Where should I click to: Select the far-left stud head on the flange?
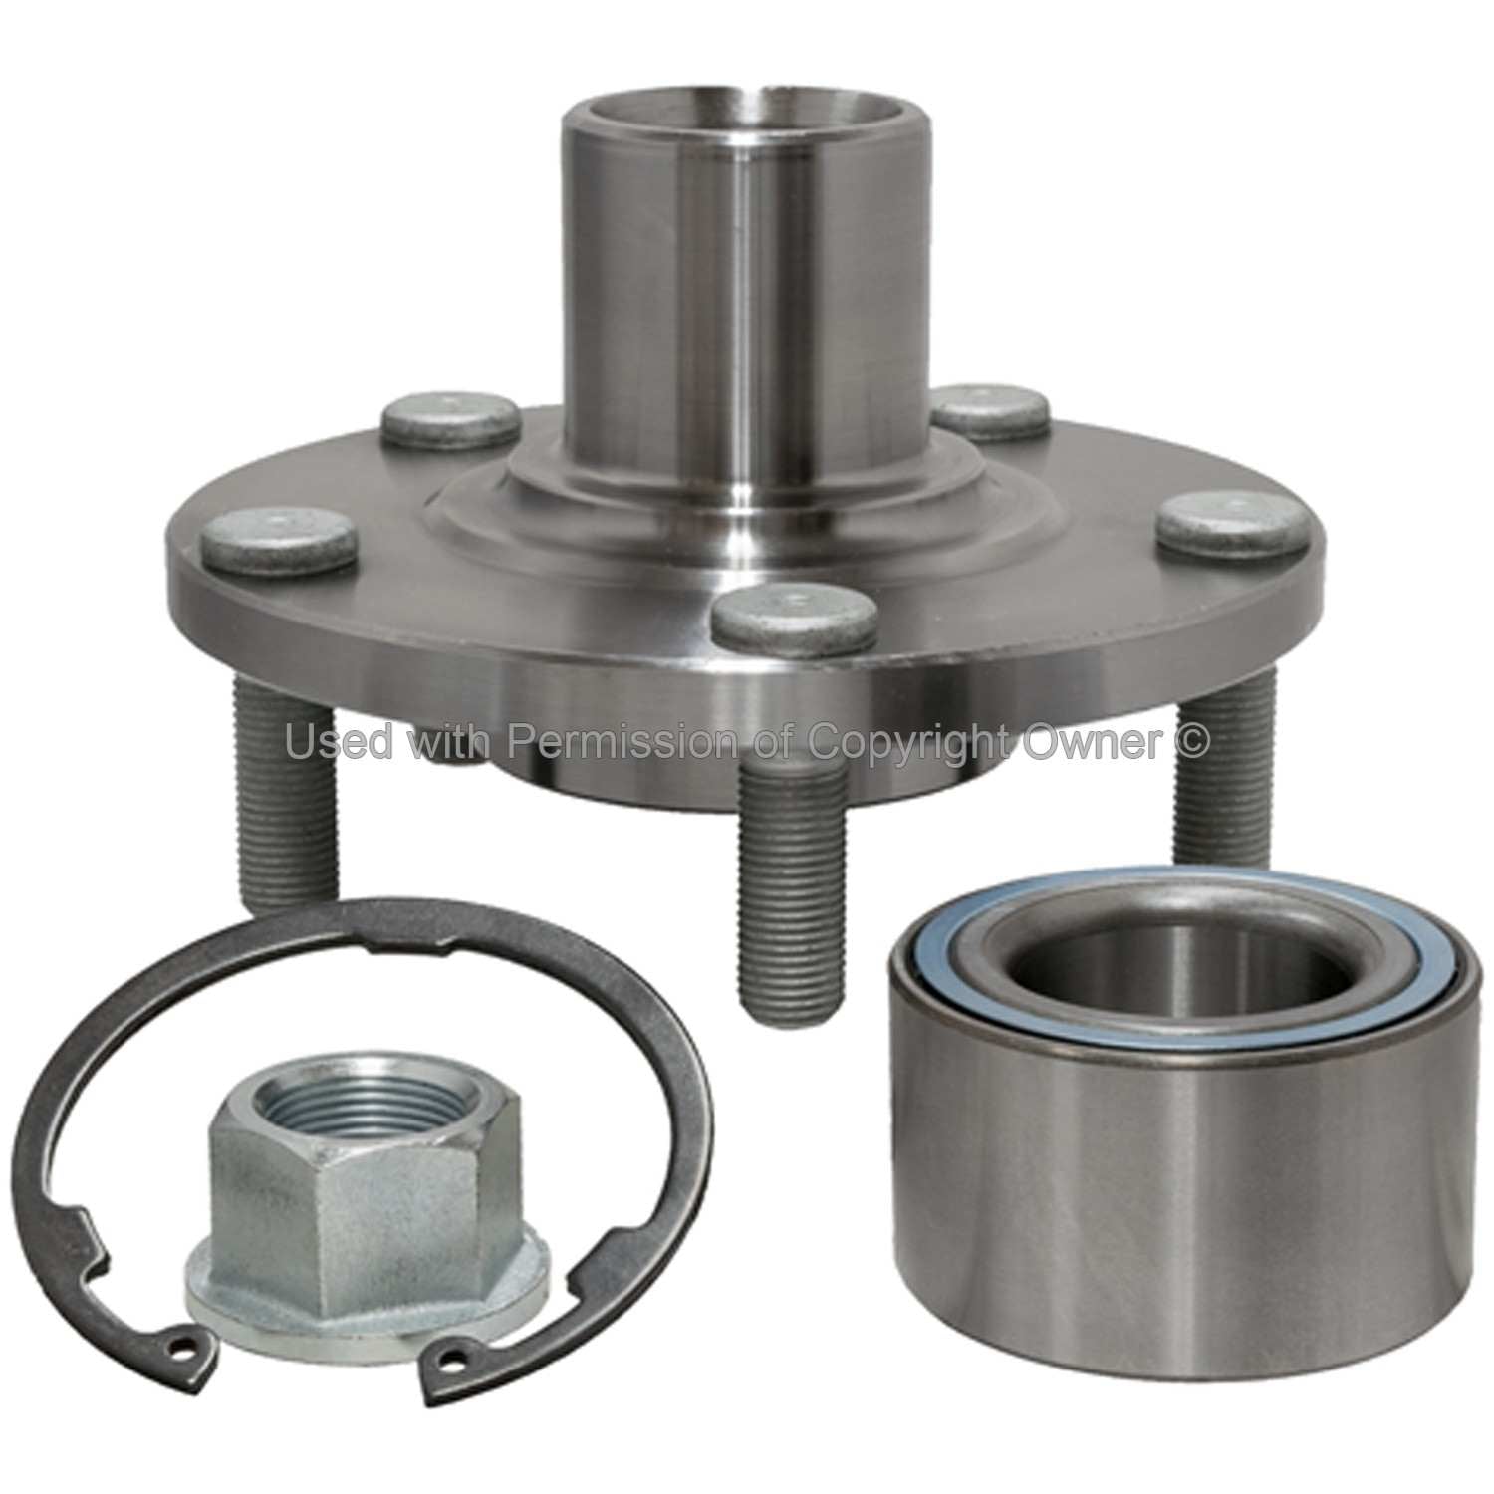pos(278,542)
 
